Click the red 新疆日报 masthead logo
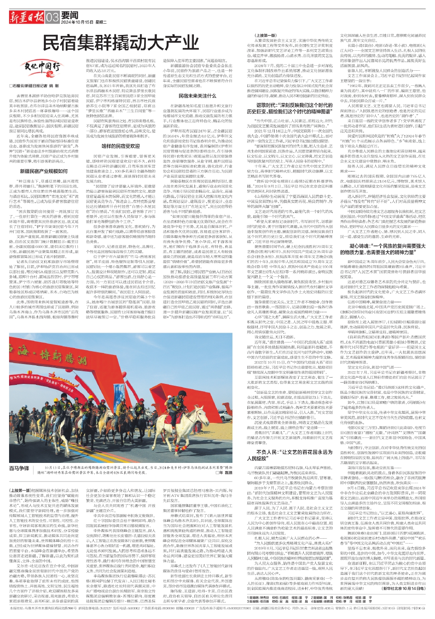(x=27, y=18)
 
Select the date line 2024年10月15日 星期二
(x=84, y=22)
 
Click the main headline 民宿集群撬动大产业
(x=115, y=43)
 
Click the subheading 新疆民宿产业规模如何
(x=43, y=172)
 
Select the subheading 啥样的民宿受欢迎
(x=121, y=146)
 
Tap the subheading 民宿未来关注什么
(x=197, y=96)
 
